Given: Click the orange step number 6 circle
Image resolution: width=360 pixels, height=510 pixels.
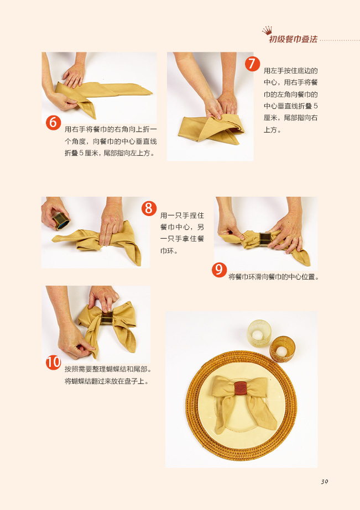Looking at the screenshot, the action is [54, 123].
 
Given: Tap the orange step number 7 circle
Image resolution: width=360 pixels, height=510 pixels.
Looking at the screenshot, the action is [252, 64].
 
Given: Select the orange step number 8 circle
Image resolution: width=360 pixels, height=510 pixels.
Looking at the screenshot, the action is [149, 208].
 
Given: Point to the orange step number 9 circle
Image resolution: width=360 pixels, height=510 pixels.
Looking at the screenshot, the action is [220, 270].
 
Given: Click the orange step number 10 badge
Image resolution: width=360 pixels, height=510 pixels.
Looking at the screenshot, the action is [54, 362].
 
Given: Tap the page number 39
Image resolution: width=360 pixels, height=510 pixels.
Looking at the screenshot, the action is [324, 482].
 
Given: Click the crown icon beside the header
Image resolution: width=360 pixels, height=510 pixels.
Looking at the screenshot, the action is [267, 30].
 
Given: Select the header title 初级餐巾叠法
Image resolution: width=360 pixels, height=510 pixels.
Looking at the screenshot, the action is [293, 39].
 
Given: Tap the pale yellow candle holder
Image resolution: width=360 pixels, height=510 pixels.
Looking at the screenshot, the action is [259, 333].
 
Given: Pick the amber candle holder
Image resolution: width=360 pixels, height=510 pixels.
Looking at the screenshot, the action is [282, 350].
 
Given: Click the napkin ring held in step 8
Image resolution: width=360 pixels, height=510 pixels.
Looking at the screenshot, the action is [60, 221].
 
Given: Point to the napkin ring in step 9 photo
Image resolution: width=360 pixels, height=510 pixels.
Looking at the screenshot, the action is [265, 239].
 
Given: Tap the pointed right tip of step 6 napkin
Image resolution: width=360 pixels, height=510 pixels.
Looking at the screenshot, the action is [152, 94].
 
